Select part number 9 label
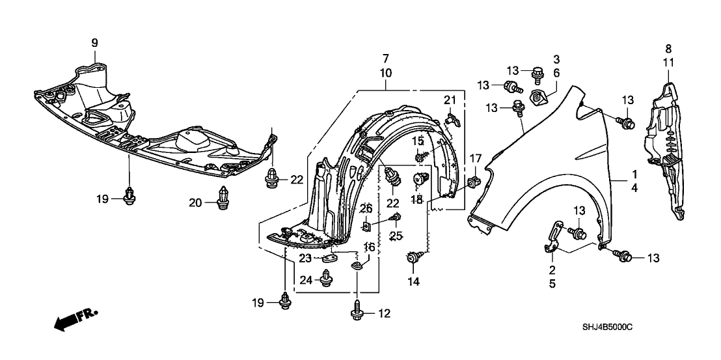point(94,43)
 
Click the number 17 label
point(476,158)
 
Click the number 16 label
point(369,247)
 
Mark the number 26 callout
point(366,208)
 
